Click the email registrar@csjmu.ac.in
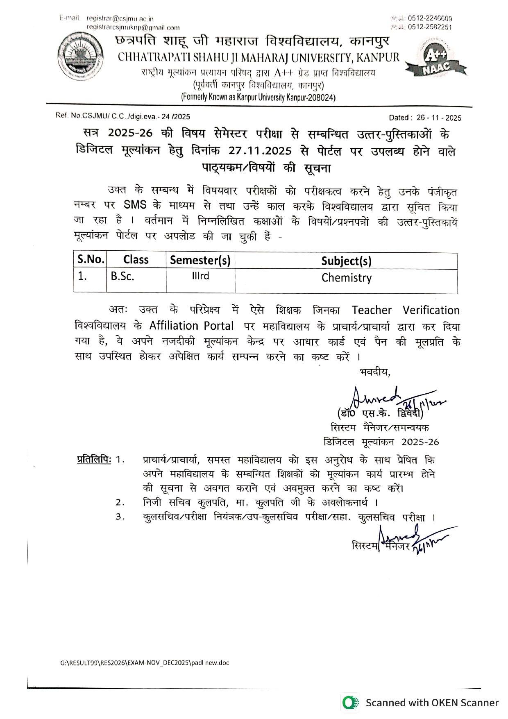coord(120,19)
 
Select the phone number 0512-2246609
coord(430,18)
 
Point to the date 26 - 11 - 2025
coord(439,118)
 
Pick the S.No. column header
coord(91,259)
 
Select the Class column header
coord(136,260)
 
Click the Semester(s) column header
coord(200,260)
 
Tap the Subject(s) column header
coord(346,261)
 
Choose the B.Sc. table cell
coord(122,277)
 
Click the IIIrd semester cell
coord(200,276)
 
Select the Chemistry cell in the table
coord(346,278)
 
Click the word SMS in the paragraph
coord(135,205)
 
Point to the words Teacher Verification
coord(406,310)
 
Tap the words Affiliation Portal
coord(191,326)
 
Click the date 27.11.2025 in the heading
coord(260,151)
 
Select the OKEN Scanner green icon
coord(349,703)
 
